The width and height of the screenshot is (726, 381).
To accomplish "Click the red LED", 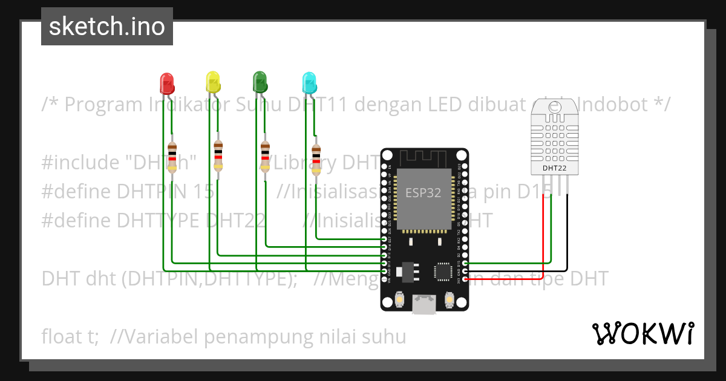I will click(x=166, y=83).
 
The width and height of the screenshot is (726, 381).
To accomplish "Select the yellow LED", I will click(x=213, y=82).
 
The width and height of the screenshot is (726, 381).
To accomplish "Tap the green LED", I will click(x=260, y=82).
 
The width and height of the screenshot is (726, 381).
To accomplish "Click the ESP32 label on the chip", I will click(x=422, y=193).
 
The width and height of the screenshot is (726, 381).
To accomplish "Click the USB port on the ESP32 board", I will click(x=424, y=305).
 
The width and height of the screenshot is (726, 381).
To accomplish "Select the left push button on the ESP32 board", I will click(x=399, y=299).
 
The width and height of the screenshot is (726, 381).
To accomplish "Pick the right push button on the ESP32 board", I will click(x=450, y=299).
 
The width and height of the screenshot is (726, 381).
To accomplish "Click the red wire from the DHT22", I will click(x=543, y=230).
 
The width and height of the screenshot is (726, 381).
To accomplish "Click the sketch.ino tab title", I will click(x=107, y=27).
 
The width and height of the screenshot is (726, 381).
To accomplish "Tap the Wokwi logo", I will click(x=643, y=334).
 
